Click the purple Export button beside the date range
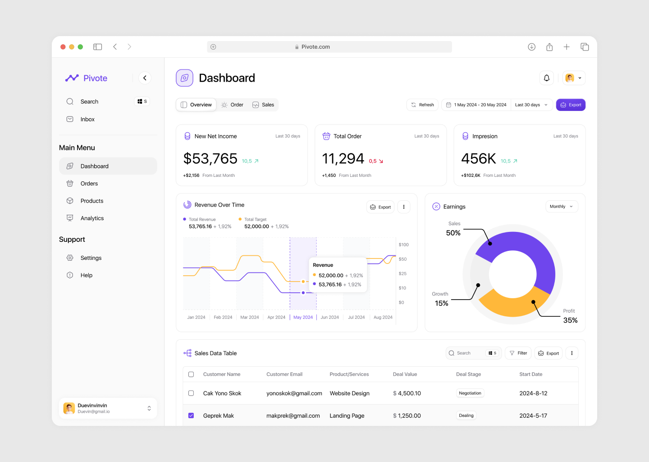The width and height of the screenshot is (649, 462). click(x=571, y=105)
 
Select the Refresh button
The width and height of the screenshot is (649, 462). click(x=422, y=105)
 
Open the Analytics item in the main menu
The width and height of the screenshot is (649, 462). click(x=92, y=218)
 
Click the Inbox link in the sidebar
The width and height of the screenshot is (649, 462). click(x=87, y=120)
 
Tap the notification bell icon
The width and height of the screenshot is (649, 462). click(x=546, y=78)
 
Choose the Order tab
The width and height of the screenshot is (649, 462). click(x=232, y=105)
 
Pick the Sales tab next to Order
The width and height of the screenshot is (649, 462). click(x=263, y=105)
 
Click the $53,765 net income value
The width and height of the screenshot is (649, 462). click(x=210, y=159)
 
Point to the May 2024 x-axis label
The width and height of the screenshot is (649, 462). click(x=303, y=317)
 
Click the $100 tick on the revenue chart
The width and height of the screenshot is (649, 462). click(x=403, y=245)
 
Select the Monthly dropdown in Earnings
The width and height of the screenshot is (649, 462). click(x=561, y=207)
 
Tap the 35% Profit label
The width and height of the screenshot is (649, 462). click(x=570, y=320)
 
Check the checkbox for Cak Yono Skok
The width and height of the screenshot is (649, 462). click(x=191, y=393)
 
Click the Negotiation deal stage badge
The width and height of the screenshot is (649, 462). click(x=470, y=393)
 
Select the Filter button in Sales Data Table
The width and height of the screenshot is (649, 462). click(x=518, y=353)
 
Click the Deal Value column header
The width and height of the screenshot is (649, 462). click(x=405, y=374)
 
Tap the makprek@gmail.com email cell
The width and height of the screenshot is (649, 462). click(x=293, y=416)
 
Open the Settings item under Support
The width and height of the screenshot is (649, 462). click(x=91, y=258)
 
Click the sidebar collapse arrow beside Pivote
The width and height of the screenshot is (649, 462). click(x=145, y=78)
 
